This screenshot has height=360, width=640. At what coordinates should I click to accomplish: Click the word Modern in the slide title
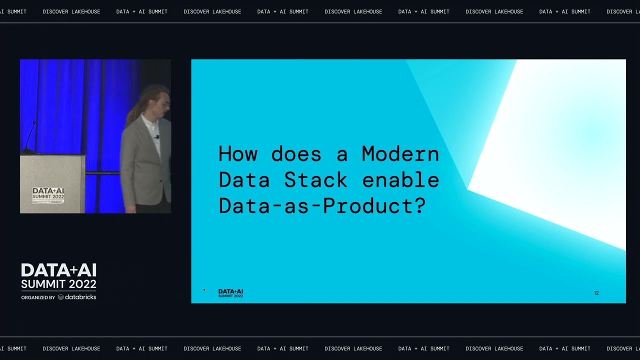pyautogui.click(x=400, y=153)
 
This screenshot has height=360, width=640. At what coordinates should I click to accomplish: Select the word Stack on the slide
pyautogui.click(x=315, y=180)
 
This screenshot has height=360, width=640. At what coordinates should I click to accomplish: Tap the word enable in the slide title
pyautogui.click(x=400, y=180)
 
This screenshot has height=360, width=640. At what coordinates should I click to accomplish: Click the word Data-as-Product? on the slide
pyautogui.click(x=321, y=206)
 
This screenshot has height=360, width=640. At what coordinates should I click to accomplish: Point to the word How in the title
pyautogui.click(x=237, y=153)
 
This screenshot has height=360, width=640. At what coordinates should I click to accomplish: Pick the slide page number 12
pyautogui.click(x=596, y=293)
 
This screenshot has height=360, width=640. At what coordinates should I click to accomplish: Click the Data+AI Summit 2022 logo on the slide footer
pyautogui.click(x=230, y=293)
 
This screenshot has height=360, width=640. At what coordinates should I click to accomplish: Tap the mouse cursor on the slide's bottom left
pyautogui.click(x=204, y=289)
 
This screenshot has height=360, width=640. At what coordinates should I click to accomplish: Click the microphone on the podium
pyautogui.click(x=30, y=137)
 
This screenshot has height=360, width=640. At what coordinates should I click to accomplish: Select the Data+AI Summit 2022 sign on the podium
pyautogui.click(x=48, y=195)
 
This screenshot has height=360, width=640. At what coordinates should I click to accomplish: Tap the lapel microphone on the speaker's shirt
pyautogui.click(x=157, y=136)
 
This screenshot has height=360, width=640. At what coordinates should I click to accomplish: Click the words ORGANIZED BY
pyautogui.click(x=38, y=297)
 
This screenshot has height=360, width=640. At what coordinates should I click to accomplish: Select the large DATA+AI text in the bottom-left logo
pyautogui.click(x=58, y=270)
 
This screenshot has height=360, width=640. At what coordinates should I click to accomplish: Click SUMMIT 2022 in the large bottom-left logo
pyautogui.click(x=58, y=284)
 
